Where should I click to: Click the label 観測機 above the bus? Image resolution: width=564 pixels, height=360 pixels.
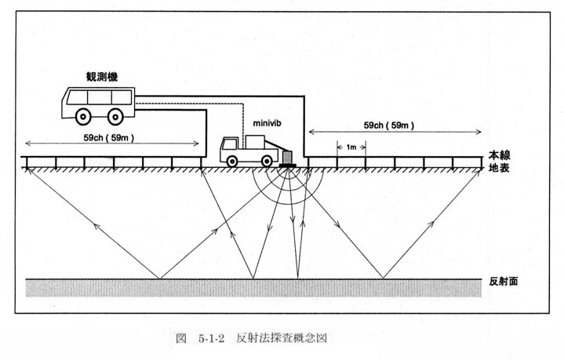pos(102,77)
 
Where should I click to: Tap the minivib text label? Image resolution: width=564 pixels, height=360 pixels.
pos(267,123)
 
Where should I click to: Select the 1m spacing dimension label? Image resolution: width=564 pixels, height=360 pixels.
pos(351,147)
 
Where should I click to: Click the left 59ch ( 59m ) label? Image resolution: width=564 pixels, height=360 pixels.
pos(108,137)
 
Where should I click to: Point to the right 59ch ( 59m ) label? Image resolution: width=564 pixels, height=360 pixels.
pos(389,125)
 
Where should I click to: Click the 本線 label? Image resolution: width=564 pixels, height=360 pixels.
pos(499,155)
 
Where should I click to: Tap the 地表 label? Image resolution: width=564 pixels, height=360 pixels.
pos(499,168)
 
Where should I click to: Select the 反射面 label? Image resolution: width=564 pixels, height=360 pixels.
pos(504,282)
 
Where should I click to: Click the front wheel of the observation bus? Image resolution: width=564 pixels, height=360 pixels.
pos(82,117)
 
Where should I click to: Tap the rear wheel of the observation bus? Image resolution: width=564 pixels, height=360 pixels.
pos(115,117)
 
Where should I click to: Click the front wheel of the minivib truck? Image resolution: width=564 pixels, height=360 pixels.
pos(232,161)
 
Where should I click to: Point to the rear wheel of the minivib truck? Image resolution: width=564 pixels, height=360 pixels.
pos(267,161)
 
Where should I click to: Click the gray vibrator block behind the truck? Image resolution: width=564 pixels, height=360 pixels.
pos(288,158)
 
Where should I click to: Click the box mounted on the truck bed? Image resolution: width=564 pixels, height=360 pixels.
pos(256,142)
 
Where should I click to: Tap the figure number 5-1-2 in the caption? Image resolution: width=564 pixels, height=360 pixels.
pos(212,338)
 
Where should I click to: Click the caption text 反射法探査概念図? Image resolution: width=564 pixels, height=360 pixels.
pos(282,338)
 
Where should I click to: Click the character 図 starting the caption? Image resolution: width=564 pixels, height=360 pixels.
pos(180,338)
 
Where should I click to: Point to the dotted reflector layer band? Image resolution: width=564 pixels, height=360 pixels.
pos(253,288)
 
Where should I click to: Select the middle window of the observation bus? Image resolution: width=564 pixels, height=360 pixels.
pos(100,97)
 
